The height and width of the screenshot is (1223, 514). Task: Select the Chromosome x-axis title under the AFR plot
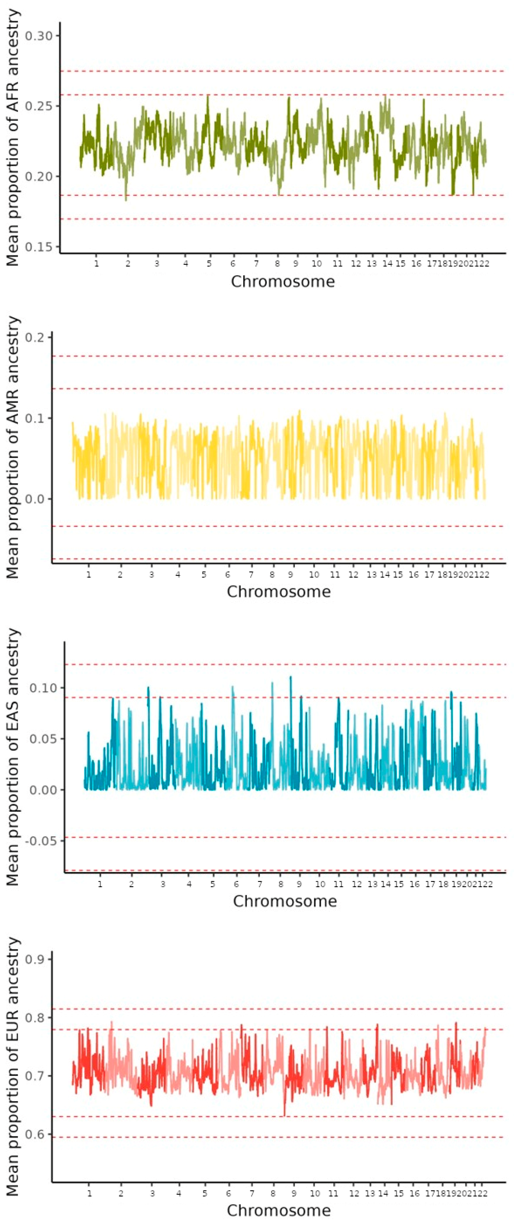point(283,281)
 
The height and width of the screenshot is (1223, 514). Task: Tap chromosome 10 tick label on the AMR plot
point(314,575)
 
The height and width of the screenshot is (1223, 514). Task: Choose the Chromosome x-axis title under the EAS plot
point(284,901)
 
